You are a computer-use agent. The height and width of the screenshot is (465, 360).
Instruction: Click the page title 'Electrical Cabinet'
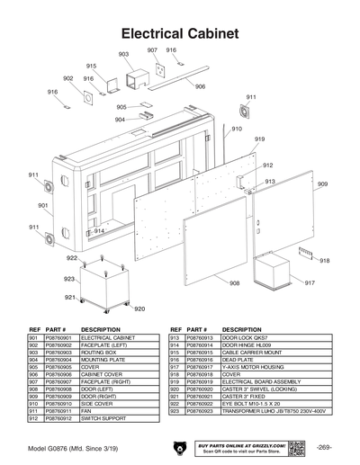tap(180, 33)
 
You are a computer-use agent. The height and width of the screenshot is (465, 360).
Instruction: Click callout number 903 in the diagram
tap(123, 55)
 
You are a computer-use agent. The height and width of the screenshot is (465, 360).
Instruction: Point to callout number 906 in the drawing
tap(200, 87)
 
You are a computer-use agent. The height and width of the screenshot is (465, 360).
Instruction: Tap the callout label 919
tap(259, 139)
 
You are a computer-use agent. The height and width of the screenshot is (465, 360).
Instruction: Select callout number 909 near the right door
tap(322, 183)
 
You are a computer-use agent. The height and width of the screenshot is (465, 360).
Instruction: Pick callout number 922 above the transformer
tap(71, 257)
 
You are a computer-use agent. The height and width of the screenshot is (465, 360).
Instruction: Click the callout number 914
tap(99, 232)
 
